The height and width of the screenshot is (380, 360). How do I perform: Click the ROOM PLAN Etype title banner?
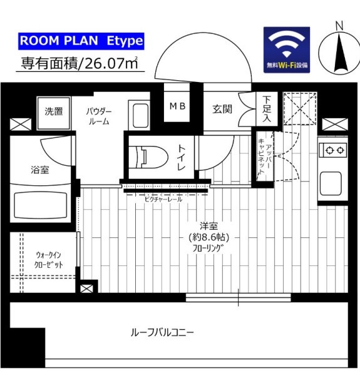(x=81, y=41)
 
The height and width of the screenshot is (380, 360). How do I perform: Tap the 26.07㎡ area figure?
(x=111, y=63)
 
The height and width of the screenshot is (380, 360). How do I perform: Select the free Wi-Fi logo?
(x=287, y=49)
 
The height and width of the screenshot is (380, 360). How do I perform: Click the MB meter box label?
(x=178, y=106)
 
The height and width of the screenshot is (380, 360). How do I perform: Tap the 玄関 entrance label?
(x=222, y=109)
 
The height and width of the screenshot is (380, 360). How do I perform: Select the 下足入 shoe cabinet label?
(x=267, y=109)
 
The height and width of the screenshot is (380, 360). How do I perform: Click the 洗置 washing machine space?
(x=54, y=113)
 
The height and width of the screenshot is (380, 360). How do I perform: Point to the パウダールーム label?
(x=99, y=116)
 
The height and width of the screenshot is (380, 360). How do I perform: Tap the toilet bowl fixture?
(x=148, y=157)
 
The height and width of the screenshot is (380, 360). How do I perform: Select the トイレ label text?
(x=182, y=157)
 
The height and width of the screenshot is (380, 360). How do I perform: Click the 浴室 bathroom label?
(x=40, y=170)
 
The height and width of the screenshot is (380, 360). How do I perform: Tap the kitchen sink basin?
(x=331, y=183)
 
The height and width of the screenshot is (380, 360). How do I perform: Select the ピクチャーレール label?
(x=163, y=200)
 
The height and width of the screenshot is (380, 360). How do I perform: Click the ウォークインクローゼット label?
(x=48, y=260)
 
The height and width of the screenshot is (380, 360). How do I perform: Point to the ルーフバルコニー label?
(x=162, y=332)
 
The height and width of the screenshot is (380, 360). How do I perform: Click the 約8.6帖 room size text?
(x=208, y=237)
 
